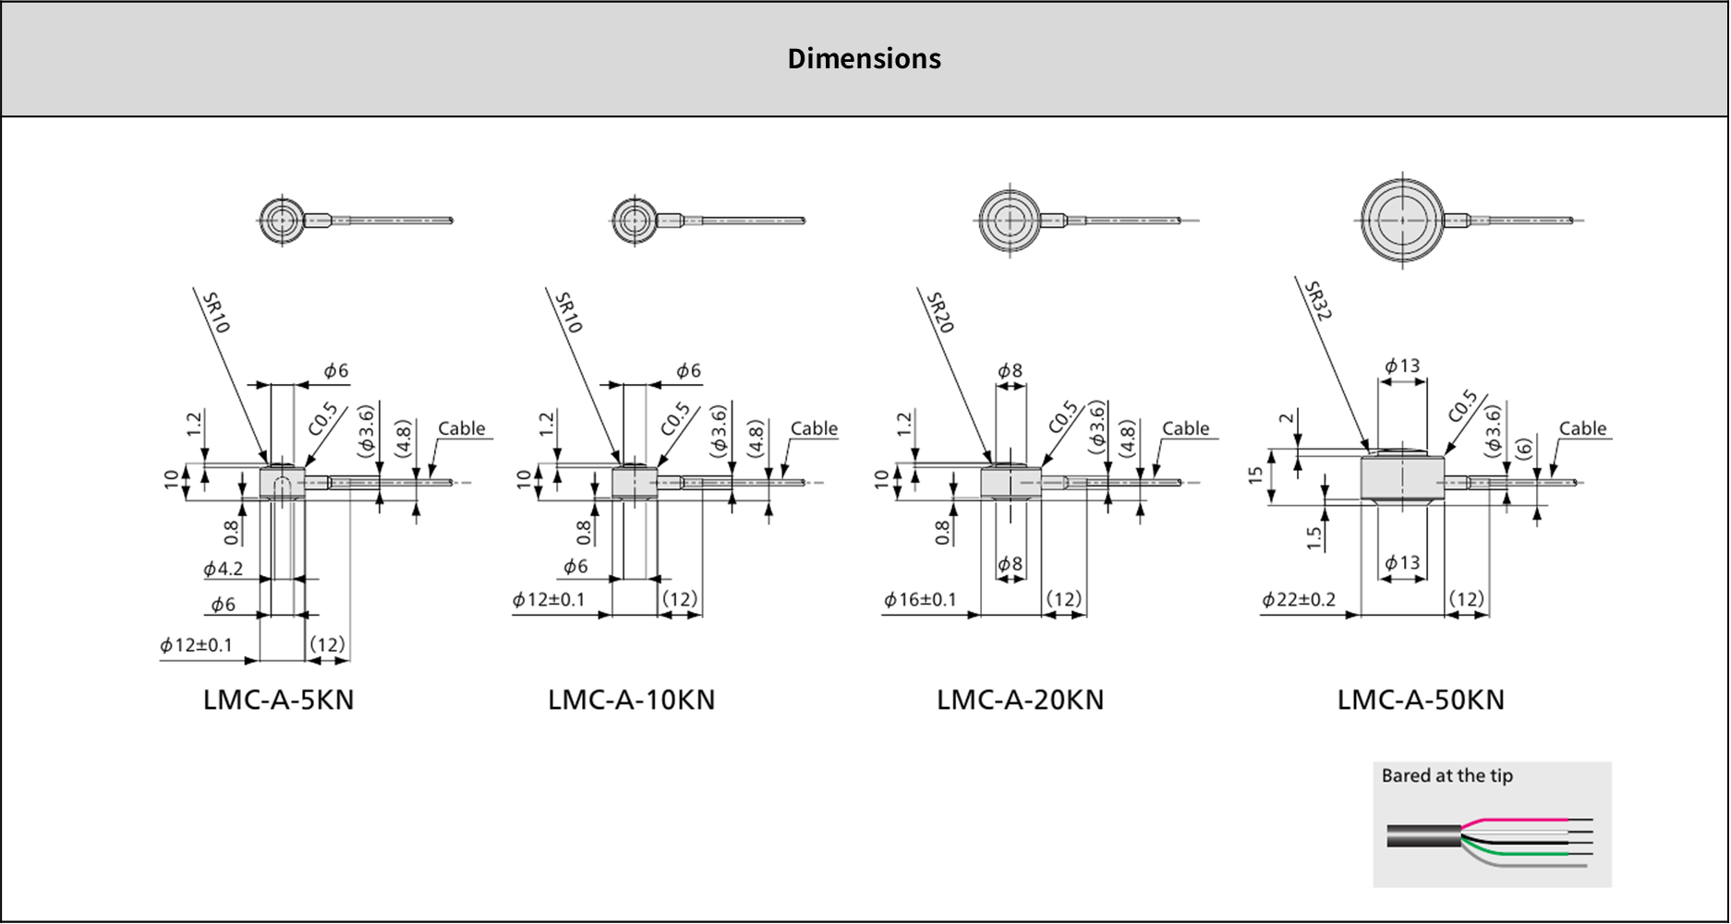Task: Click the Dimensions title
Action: tap(864, 58)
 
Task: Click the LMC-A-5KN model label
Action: tap(278, 700)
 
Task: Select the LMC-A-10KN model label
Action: tap(631, 700)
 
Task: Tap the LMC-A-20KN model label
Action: tap(1020, 700)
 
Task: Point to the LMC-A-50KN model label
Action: tap(1421, 700)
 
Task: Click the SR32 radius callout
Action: tap(1317, 301)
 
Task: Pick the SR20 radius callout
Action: tap(939, 313)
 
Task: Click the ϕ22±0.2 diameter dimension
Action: tap(1299, 600)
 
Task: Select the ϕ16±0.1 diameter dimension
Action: tap(920, 600)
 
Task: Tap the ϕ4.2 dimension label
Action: tap(223, 569)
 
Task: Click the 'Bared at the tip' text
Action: tap(1447, 775)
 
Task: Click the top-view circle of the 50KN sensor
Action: tap(1402, 221)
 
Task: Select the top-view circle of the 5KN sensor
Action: tap(281, 221)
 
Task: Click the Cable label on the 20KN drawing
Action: tap(1185, 428)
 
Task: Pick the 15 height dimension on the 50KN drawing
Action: tap(1254, 475)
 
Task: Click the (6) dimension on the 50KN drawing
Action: tap(1523, 448)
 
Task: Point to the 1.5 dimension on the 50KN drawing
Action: tap(1314, 537)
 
